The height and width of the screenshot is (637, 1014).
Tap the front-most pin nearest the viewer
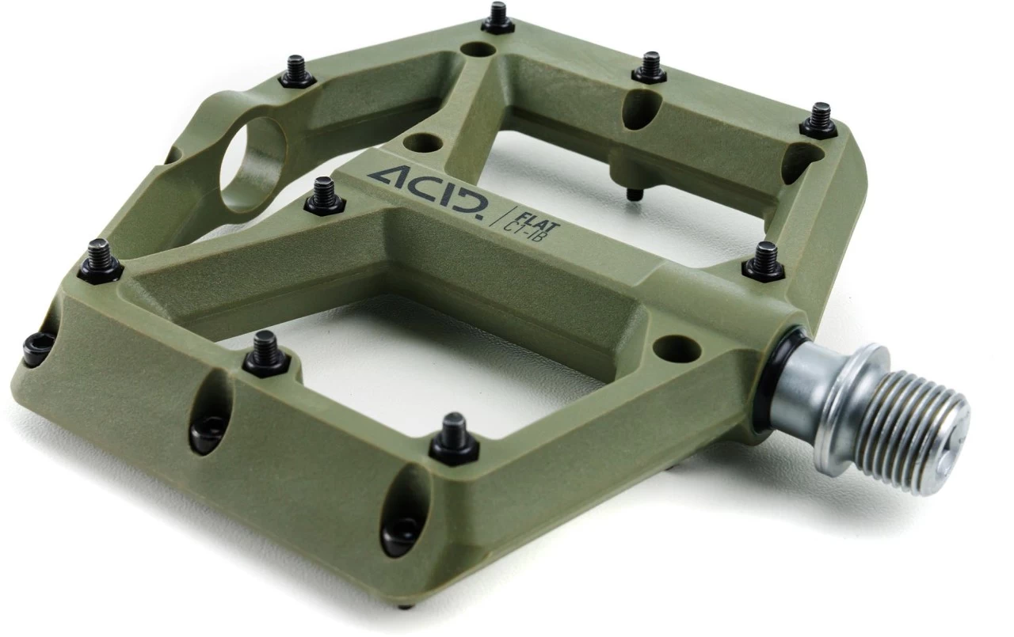coord(454,439)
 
